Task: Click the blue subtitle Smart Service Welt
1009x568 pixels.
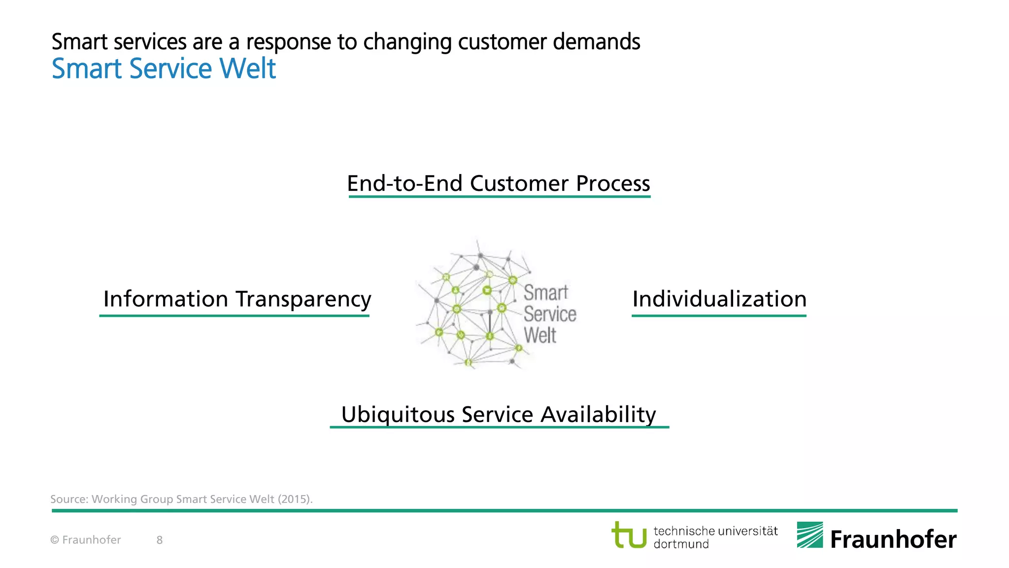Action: tap(164, 69)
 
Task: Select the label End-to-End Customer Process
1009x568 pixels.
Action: tap(499, 183)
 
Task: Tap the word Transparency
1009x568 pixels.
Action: tap(303, 299)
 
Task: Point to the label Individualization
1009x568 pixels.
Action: tap(719, 299)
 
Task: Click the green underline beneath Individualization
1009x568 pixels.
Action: tap(719, 316)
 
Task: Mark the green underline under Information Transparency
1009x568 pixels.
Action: tap(235, 316)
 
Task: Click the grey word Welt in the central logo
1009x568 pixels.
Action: tap(540, 336)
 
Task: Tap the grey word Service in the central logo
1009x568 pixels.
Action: tap(550, 314)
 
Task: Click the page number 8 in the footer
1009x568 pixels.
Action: tap(160, 540)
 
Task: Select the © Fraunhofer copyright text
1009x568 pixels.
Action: tap(86, 540)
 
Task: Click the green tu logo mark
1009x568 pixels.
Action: tap(629, 535)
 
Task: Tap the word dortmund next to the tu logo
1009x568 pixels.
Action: tap(681, 544)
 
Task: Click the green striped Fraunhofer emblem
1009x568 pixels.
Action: tap(809, 535)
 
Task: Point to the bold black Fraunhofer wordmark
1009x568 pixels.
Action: tap(893, 539)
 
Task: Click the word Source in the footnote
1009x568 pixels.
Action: tap(69, 499)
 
